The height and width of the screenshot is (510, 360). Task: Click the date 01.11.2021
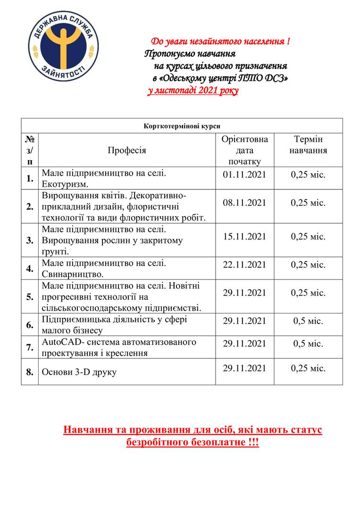244,174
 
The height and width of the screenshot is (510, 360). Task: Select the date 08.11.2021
244,203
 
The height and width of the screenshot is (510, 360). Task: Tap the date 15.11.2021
244,236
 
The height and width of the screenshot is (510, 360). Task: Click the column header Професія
127,150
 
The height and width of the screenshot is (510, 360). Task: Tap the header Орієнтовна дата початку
244,150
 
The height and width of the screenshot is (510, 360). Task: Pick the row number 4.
30,269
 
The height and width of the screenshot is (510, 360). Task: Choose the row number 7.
30,347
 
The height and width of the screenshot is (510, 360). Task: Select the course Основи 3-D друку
79,372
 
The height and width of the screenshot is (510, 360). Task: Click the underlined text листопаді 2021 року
193,90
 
